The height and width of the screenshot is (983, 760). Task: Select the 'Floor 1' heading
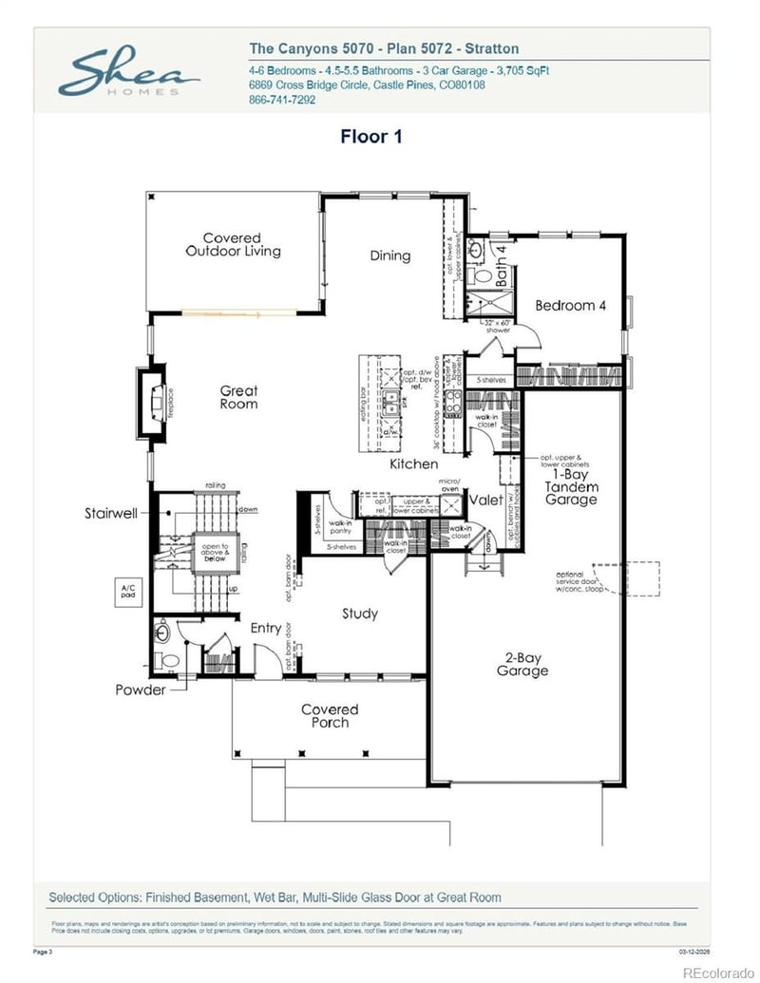pyautogui.click(x=371, y=137)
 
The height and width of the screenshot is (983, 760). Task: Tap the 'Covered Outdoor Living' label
pyautogui.click(x=233, y=245)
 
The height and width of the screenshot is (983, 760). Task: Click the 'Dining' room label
pyautogui.click(x=389, y=255)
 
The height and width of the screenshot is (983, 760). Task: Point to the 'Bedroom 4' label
pyautogui.click(x=570, y=306)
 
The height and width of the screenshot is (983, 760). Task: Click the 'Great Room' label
pyautogui.click(x=238, y=397)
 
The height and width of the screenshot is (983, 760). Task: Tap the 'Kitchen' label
pyautogui.click(x=414, y=464)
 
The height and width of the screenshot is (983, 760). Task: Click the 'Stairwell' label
pyautogui.click(x=111, y=513)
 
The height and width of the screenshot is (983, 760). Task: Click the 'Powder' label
pyautogui.click(x=140, y=690)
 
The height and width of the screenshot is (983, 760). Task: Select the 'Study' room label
pyautogui.click(x=360, y=614)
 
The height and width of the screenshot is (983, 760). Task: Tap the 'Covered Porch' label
pyautogui.click(x=330, y=716)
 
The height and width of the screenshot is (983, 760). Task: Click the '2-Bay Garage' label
pyautogui.click(x=522, y=664)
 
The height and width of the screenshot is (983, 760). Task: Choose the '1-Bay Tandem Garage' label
pyautogui.click(x=571, y=486)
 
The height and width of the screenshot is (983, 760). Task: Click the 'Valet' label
pyautogui.click(x=486, y=500)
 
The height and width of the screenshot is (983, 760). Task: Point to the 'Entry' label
pyautogui.click(x=265, y=628)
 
